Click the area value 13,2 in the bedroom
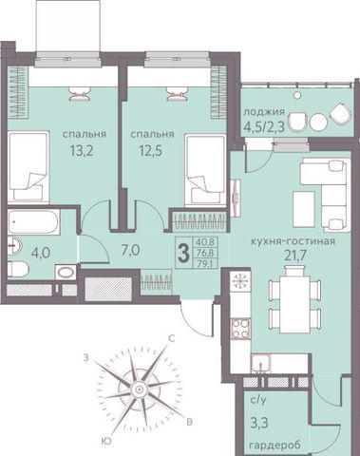pyautogui.click(x=82, y=151)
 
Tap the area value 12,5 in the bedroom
pyautogui.click(x=151, y=151)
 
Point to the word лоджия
pyautogui.click(x=264, y=112)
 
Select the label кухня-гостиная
pyautogui.click(x=293, y=241)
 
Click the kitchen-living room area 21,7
pyautogui.click(x=294, y=256)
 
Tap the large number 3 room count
pyautogui.click(x=183, y=254)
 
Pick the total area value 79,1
pyautogui.click(x=205, y=263)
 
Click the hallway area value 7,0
pyautogui.click(x=130, y=251)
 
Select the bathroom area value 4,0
pyautogui.click(x=41, y=254)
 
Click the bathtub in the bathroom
pyautogui.click(x=33, y=221)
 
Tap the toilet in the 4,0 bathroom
pyautogui.click(x=18, y=270)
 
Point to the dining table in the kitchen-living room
pyautogui.click(x=294, y=299)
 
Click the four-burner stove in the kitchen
pyautogui.click(x=240, y=329)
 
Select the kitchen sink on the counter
pyautogui.click(x=261, y=364)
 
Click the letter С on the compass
pyautogui.click(x=172, y=339)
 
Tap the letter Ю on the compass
pyautogui.click(x=107, y=441)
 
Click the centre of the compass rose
pyautogui.click(x=139, y=389)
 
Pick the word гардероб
pyautogui.click(x=275, y=446)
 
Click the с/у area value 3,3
pyautogui.click(x=259, y=423)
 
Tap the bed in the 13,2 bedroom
pyautogui.click(x=28, y=167)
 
